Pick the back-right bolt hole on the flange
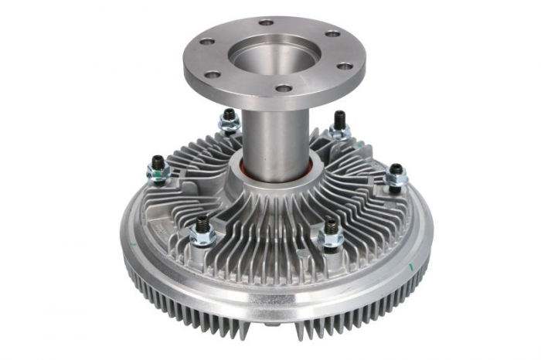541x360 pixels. click(x=332, y=34)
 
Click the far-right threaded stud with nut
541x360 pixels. click(x=395, y=177)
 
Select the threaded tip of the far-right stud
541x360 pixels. click(x=395, y=168)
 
